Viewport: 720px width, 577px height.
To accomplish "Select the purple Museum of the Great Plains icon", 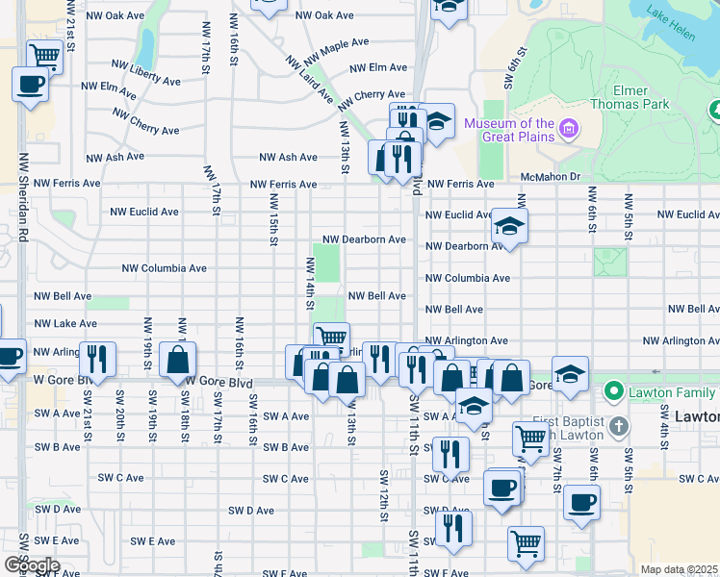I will point(569,129).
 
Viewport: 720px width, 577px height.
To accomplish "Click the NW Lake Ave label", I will point(65,324).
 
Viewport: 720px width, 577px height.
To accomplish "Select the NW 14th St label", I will point(310,284).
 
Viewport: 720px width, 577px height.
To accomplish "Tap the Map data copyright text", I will point(679,569).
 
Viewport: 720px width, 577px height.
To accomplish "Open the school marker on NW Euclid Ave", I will point(508,227).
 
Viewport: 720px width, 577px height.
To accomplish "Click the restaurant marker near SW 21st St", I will point(97,360).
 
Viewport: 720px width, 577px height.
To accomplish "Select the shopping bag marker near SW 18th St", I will point(178,361).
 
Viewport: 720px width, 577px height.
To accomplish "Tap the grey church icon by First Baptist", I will point(618,425).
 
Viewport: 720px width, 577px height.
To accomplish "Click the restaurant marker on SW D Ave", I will point(452,528).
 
